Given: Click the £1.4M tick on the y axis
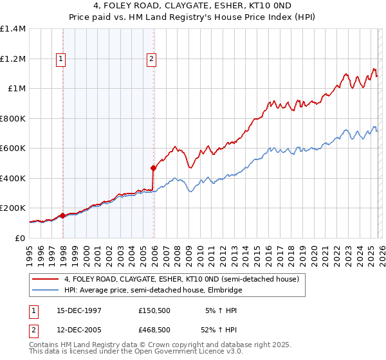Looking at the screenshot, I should coord(13,29).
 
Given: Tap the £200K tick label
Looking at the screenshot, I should coord(13,208).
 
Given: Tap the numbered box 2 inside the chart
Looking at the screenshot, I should coord(152,59).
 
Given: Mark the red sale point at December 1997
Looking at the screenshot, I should coord(62,216).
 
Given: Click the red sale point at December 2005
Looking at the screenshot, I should coord(153,168).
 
